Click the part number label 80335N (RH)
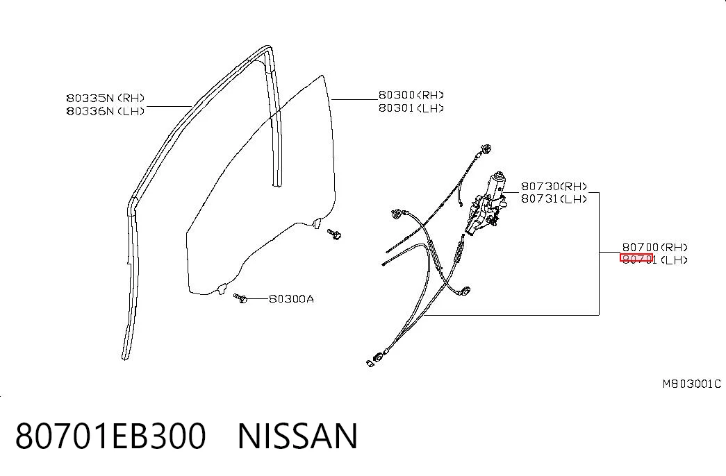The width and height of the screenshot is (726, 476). click(x=106, y=98)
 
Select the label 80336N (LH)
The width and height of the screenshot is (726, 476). click(x=106, y=111)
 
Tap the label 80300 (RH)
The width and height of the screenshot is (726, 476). click(x=411, y=95)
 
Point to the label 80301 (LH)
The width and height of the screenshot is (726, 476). click(x=411, y=108)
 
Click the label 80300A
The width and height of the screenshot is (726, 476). click(x=291, y=299)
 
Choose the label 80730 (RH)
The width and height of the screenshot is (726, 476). click(x=554, y=187)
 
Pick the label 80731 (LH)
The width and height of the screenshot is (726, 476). click(x=554, y=199)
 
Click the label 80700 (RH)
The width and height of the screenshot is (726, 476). click(x=654, y=247)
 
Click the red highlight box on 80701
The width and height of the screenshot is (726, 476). click(x=636, y=257)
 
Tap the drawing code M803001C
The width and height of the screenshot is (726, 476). click(x=692, y=384)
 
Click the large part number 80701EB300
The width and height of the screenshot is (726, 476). click(x=110, y=436)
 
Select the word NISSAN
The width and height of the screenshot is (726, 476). click(x=297, y=436)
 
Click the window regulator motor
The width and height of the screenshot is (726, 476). click(x=486, y=203)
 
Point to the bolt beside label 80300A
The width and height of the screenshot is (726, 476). click(x=240, y=298)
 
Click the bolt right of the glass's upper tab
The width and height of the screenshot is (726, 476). click(x=334, y=234)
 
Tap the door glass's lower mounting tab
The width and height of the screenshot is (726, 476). click(x=222, y=288)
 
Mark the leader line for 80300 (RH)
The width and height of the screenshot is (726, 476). click(x=355, y=99)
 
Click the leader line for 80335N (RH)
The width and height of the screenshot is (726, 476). click(x=170, y=106)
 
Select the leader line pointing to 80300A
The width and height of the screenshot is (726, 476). click(x=258, y=299)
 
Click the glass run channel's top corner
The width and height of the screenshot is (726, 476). click(x=267, y=47)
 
